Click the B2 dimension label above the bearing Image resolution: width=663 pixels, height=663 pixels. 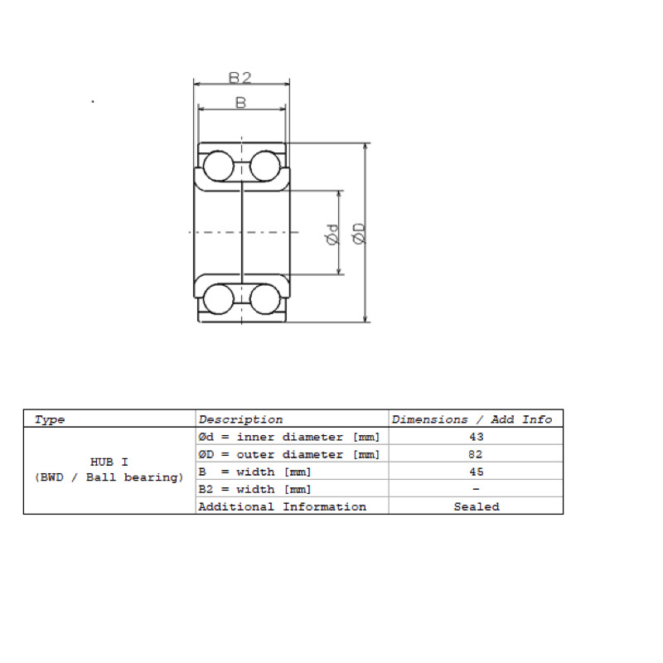[240, 78]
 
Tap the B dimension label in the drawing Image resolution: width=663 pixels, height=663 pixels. [240, 103]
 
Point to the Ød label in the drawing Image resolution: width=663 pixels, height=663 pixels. [333, 235]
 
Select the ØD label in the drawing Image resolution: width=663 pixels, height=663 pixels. [359, 234]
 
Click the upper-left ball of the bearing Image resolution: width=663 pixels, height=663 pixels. [218, 166]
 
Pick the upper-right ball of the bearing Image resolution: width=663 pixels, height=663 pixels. [265, 166]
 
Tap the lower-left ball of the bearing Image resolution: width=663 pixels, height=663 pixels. [218, 299]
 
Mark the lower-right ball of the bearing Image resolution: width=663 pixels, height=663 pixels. [265, 299]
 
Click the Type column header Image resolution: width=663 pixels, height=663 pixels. [50, 420]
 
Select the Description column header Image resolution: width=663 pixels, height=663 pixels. [240, 419]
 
